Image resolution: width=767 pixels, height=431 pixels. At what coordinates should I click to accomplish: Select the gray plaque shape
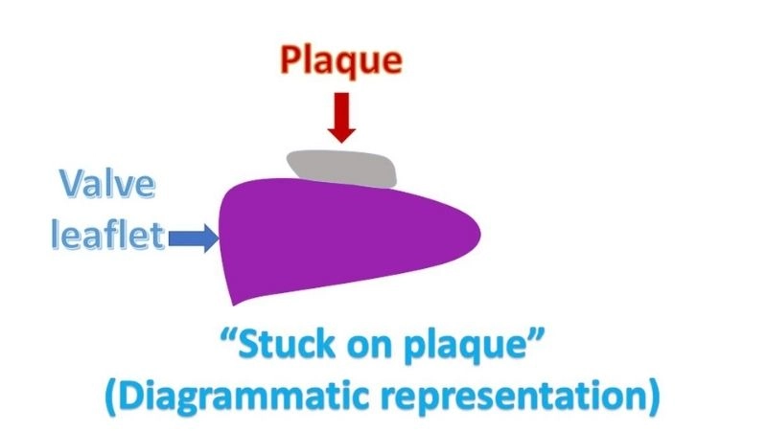point(342,169)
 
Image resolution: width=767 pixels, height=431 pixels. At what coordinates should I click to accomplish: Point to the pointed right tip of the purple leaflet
point(477,233)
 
